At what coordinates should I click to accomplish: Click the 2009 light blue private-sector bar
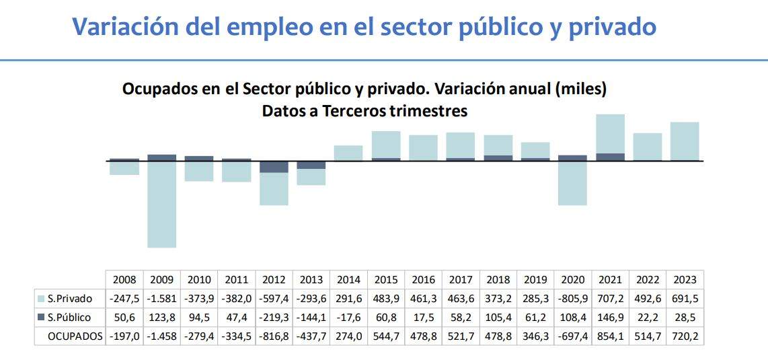[x=162, y=204]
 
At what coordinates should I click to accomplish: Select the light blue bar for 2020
[x=572, y=182]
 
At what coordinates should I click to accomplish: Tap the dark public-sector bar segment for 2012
[x=274, y=167]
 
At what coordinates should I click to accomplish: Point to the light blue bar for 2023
[x=685, y=141]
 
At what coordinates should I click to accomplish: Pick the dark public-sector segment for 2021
[x=610, y=157]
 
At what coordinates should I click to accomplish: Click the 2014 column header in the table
[x=348, y=280]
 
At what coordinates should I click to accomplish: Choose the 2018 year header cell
[x=498, y=280]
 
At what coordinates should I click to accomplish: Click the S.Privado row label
[x=70, y=299]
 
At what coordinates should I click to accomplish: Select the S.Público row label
[x=69, y=318]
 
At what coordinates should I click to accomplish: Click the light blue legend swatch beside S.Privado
[x=42, y=299]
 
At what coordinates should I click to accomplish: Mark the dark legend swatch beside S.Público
[x=42, y=318]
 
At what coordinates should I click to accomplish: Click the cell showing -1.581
[x=161, y=299]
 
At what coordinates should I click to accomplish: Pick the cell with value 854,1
[x=610, y=336]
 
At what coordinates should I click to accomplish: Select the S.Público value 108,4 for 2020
[x=573, y=318]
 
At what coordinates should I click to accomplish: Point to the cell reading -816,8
[x=274, y=336]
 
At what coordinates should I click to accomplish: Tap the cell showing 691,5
[x=685, y=299]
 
